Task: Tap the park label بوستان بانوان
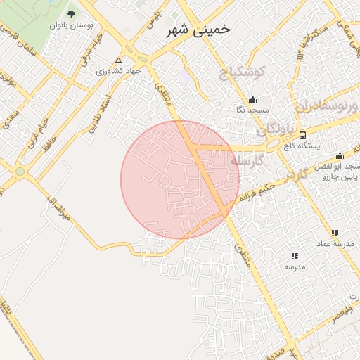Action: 72,25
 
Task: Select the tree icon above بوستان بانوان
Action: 71,13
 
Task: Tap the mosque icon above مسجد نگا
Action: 252,99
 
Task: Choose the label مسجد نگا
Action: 251,110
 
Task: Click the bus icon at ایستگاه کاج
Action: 302,135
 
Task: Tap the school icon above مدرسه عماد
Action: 335,233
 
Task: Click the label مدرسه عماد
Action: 332,243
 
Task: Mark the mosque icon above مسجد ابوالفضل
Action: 340,156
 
